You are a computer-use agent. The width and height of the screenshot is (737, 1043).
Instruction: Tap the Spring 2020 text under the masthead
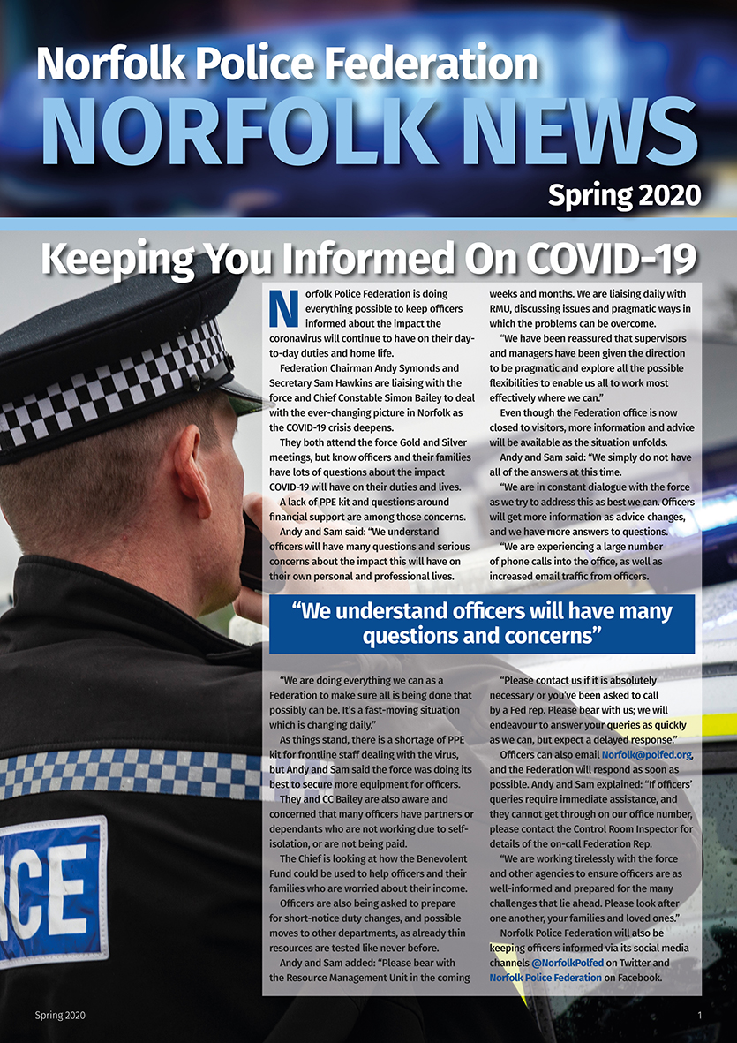coord(624,194)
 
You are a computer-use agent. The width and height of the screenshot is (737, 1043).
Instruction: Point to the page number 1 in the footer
coord(699,1016)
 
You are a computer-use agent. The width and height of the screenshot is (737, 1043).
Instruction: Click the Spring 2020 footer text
coord(61,1016)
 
